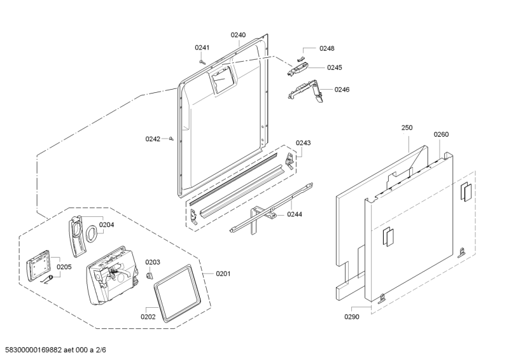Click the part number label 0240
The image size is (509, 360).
(238, 35)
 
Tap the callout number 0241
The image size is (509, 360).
(202, 48)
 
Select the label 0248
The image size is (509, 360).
(327, 48)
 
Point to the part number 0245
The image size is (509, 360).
(335, 67)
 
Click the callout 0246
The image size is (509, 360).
(342, 89)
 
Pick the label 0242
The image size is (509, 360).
(153, 138)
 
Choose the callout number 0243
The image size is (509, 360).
(303, 143)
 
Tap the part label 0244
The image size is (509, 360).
(294, 214)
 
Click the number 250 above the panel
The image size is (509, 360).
(407, 128)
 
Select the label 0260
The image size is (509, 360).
(441, 134)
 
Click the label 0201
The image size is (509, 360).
(223, 273)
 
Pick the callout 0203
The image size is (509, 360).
(153, 262)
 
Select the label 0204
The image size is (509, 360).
(106, 225)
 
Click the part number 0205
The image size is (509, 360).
(64, 267)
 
